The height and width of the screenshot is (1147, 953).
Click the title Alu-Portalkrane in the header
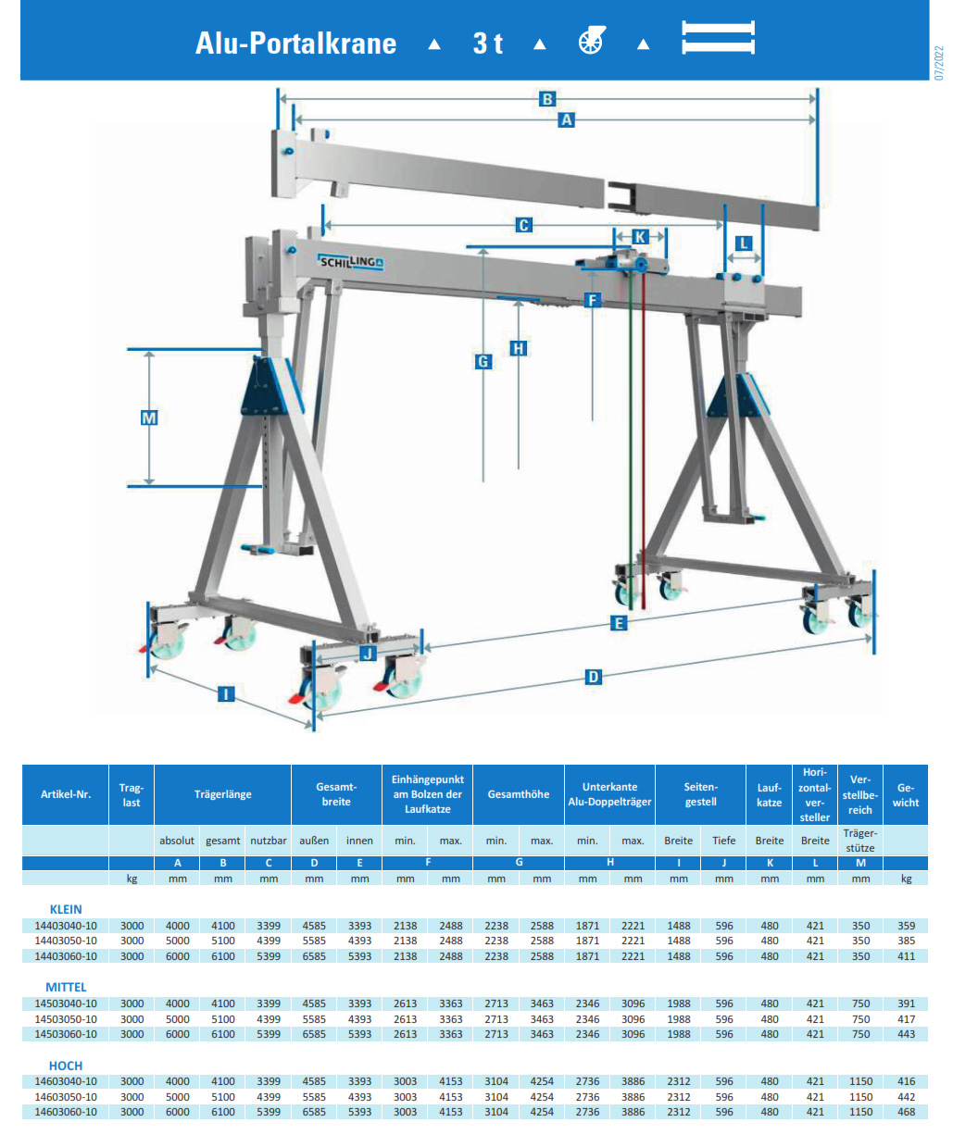coord(295,44)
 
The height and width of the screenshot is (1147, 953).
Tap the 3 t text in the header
coord(487,44)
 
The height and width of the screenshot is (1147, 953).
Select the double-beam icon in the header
coord(718,38)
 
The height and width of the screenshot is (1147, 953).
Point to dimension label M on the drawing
coord(149,418)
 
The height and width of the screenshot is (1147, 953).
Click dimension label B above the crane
coord(547,99)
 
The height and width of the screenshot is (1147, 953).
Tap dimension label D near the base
coord(594,678)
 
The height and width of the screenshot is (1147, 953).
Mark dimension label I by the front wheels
coord(226,693)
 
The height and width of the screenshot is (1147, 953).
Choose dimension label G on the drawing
coord(483,362)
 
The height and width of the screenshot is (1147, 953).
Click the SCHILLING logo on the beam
coord(351,262)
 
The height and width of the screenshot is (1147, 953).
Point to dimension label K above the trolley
coord(640,237)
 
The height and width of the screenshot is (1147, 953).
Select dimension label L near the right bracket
coord(743,243)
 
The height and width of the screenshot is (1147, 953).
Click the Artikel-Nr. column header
coord(66,794)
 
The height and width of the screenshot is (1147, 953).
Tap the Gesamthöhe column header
coord(519,794)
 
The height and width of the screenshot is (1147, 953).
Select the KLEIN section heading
coord(66,909)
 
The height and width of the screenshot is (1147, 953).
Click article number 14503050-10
coord(66,1019)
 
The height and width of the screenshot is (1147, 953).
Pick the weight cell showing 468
coord(906,1112)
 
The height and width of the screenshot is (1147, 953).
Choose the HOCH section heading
coord(66,1066)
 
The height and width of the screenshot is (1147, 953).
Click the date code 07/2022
coord(938,63)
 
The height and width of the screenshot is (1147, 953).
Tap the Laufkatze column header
coord(769,794)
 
